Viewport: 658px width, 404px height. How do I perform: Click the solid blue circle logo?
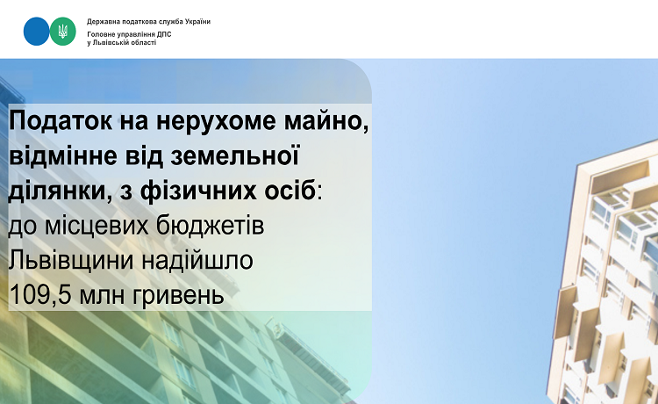click(x=37, y=32)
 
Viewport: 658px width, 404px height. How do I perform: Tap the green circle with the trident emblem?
click(x=63, y=32)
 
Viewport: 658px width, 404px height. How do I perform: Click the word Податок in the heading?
click(x=61, y=121)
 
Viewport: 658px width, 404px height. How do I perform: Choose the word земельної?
click(x=235, y=155)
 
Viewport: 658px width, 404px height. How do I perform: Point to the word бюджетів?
click(x=211, y=226)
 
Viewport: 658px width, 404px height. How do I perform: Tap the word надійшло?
click(x=197, y=261)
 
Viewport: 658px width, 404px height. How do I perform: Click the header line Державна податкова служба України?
click(x=148, y=21)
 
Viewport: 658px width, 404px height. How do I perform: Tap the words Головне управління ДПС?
click(x=129, y=34)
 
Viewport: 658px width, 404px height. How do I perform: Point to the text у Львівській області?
click(x=122, y=43)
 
